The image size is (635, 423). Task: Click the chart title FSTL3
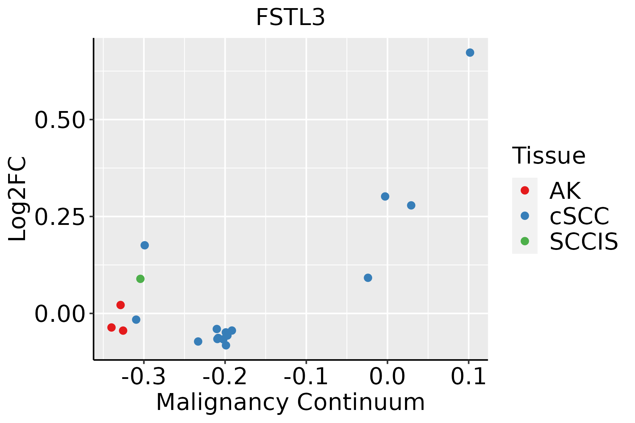click(290, 18)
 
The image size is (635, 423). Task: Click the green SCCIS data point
click(140, 279)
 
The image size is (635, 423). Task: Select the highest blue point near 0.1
click(470, 53)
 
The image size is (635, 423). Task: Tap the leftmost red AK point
click(111, 327)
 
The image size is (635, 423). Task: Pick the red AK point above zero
click(121, 305)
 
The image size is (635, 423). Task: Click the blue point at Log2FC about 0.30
click(385, 196)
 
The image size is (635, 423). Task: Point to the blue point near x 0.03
click(411, 205)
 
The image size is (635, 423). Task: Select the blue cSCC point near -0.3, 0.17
click(145, 245)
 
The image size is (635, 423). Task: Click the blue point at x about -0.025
click(368, 278)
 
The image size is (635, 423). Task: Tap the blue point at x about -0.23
click(198, 341)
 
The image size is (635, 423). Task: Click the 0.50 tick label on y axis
click(60, 120)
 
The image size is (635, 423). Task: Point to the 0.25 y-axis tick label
click(60, 217)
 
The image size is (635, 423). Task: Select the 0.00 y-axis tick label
click(60, 314)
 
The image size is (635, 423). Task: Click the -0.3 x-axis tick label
click(143, 377)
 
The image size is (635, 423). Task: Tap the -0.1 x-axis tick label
click(306, 377)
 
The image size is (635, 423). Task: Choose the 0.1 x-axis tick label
click(468, 377)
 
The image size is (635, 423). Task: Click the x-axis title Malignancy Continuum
click(290, 402)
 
